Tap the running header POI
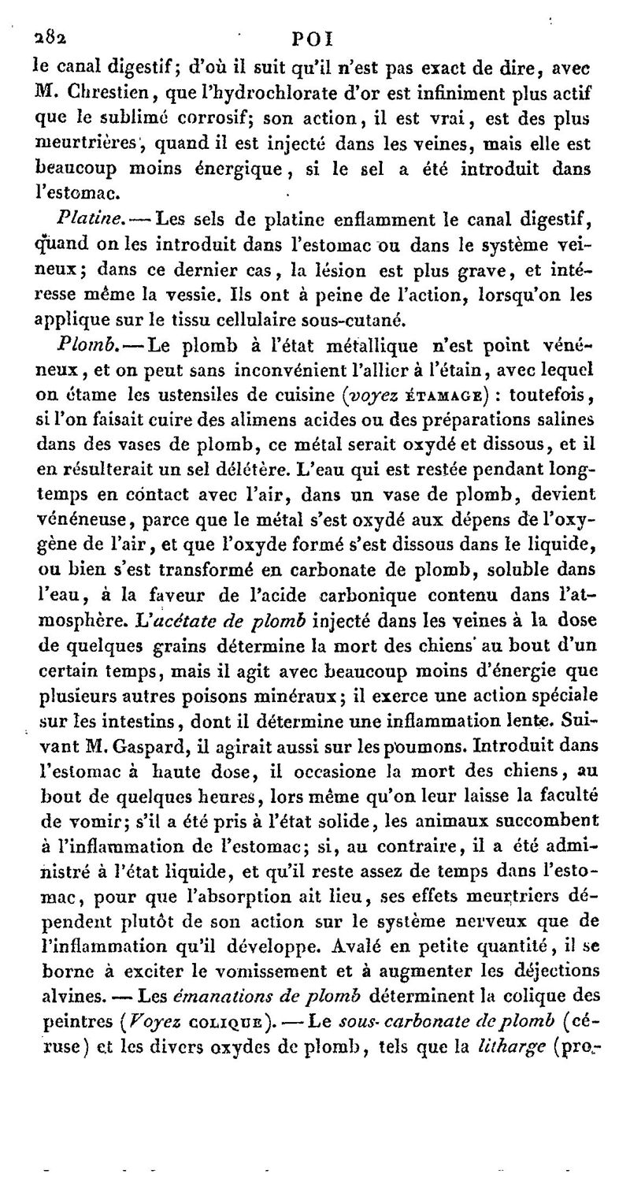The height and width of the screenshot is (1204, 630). (313, 38)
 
